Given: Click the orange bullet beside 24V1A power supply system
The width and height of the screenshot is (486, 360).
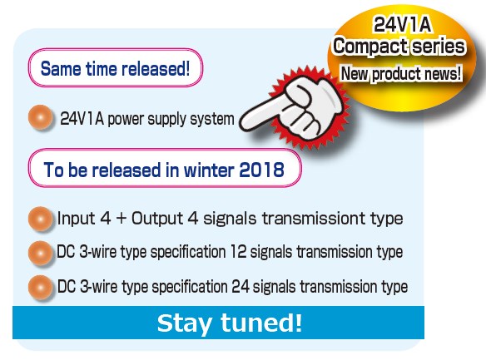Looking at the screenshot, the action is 41,117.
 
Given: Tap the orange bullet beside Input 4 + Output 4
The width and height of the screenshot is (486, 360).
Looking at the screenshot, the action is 41,219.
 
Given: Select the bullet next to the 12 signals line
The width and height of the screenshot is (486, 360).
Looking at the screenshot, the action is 41,253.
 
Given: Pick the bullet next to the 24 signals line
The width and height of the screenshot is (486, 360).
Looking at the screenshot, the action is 41,288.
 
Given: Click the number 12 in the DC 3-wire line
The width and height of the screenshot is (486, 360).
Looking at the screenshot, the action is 238,252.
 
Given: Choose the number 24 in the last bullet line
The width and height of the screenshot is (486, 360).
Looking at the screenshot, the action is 241,286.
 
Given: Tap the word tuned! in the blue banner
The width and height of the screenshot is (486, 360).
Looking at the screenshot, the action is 261,323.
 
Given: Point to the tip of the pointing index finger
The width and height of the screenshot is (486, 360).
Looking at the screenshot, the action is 241,124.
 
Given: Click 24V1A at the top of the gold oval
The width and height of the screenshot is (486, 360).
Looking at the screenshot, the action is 402,24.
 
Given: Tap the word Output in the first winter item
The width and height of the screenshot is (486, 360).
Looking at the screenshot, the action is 157,219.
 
